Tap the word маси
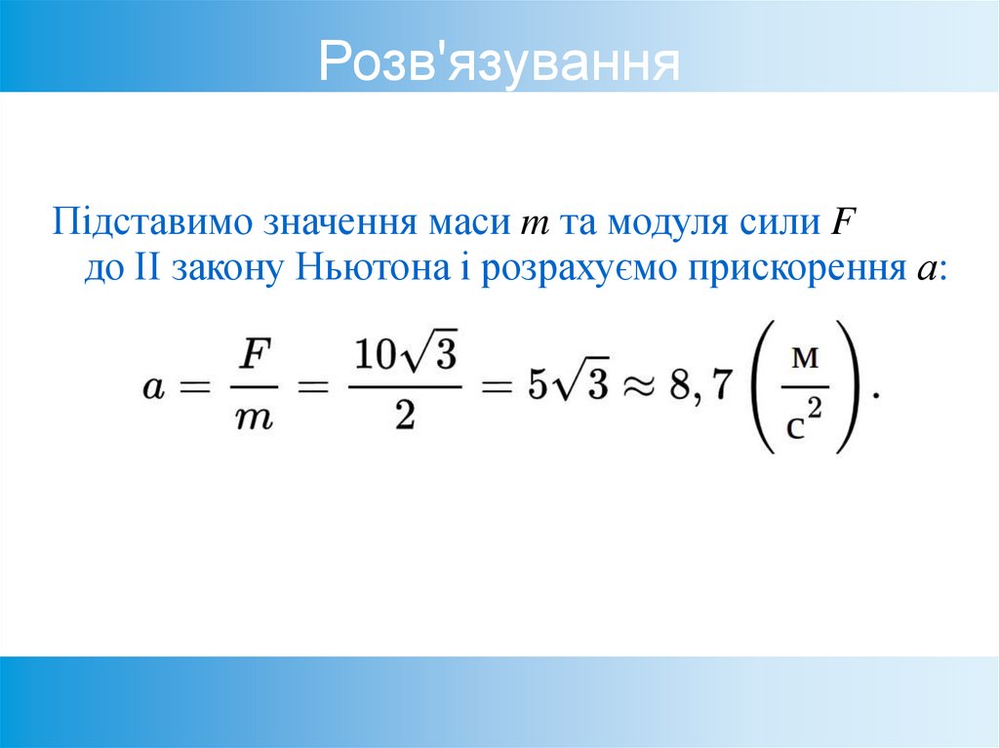tap(469, 222)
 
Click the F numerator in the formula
tap(256, 354)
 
